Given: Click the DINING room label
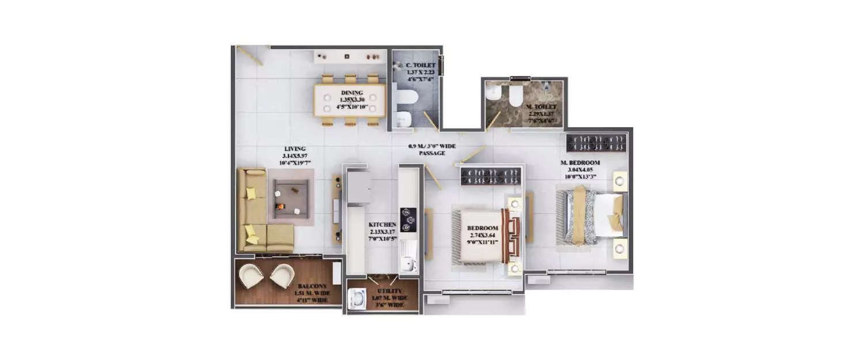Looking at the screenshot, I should click(351, 93).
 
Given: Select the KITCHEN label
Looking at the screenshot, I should click(382, 225).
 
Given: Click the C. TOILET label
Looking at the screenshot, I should click(420, 66).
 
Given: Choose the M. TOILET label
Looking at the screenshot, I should click(541, 107).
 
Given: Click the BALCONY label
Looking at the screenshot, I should click(312, 286).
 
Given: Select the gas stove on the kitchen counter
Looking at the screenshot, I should click(408, 219).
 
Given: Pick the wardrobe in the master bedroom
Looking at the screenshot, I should click(596, 143).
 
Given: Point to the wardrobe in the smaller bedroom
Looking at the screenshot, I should click(490, 176).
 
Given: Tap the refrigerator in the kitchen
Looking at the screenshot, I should click(358, 187).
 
